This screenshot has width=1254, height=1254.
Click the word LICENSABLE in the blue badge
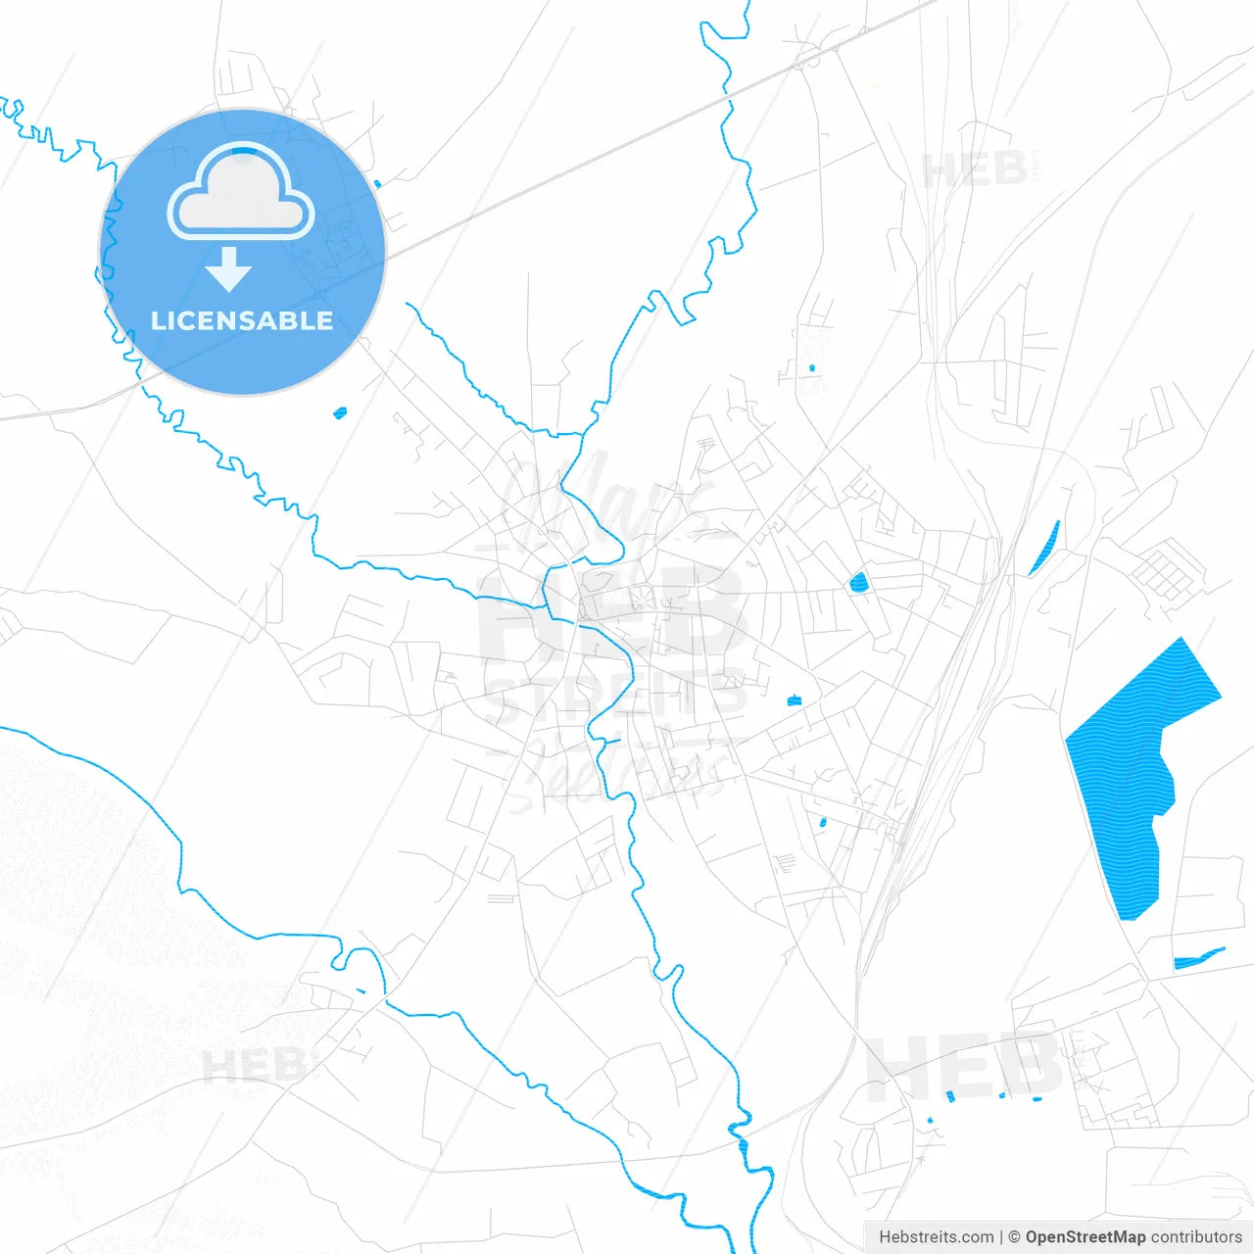(x=242, y=320)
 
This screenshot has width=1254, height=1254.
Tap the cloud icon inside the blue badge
(x=241, y=194)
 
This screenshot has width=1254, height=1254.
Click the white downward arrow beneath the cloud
(x=228, y=269)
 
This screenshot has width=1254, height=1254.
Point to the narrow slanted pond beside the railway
(x=1045, y=548)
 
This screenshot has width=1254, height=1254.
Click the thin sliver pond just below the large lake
(x=1197, y=957)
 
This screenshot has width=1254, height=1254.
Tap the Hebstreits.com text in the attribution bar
(x=937, y=1236)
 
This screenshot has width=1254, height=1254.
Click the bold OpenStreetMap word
(x=1085, y=1236)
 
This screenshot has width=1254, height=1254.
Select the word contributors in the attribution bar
(x=1196, y=1236)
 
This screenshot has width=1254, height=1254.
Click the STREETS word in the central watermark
(x=615, y=699)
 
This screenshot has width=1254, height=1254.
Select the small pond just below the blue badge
(x=340, y=412)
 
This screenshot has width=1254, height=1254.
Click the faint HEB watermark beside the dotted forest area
(x=253, y=1065)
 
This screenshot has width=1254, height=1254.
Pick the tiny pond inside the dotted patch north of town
(x=811, y=367)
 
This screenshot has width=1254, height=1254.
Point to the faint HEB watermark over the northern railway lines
(x=974, y=171)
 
